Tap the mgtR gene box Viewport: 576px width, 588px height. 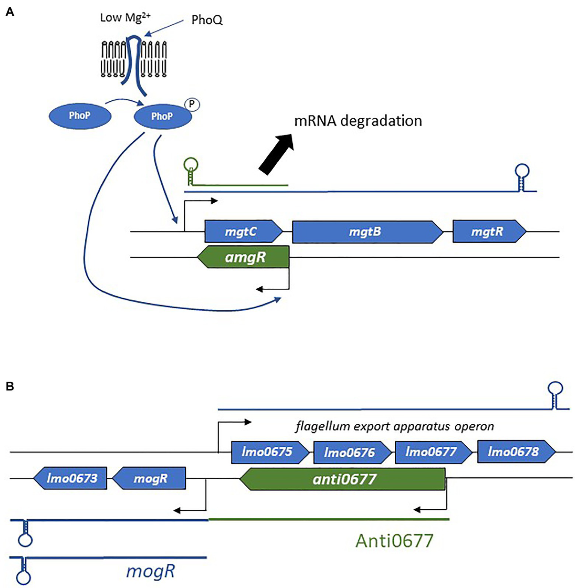[x=488, y=232]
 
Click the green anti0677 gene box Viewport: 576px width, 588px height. [x=343, y=479]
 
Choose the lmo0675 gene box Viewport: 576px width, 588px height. [x=269, y=452]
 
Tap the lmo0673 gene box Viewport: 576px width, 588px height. [x=71, y=478]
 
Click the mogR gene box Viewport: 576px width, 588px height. [x=150, y=478]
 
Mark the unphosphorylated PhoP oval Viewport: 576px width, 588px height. [x=80, y=115]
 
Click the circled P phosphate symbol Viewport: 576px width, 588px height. [x=192, y=104]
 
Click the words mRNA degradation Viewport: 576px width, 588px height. [x=358, y=121]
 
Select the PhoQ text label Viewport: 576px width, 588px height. [x=207, y=20]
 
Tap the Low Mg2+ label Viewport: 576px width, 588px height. [x=125, y=17]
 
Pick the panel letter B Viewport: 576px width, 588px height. [x=10, y=386]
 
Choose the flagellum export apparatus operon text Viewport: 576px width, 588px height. [x=394, y=426]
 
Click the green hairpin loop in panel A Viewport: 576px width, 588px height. [x=191, y=165]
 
